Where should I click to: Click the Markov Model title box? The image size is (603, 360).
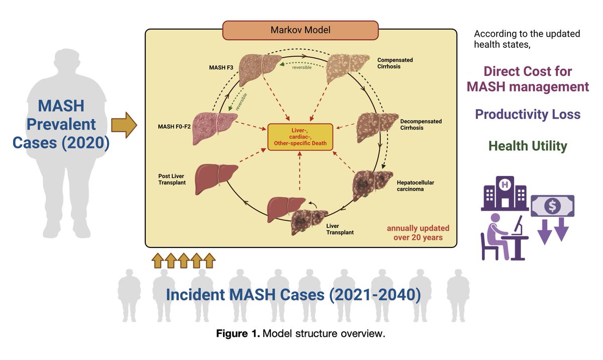300,30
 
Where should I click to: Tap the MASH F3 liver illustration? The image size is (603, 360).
260,68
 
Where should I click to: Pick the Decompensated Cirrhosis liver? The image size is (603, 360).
377,127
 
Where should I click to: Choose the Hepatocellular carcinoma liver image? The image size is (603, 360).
372,185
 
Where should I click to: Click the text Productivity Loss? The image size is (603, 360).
528,114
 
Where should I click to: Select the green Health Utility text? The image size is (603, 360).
528,146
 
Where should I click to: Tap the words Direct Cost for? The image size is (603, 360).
528,71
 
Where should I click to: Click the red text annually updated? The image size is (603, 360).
418,228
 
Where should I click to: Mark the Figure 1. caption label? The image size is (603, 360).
238,334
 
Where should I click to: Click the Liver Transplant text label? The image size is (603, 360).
340,229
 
